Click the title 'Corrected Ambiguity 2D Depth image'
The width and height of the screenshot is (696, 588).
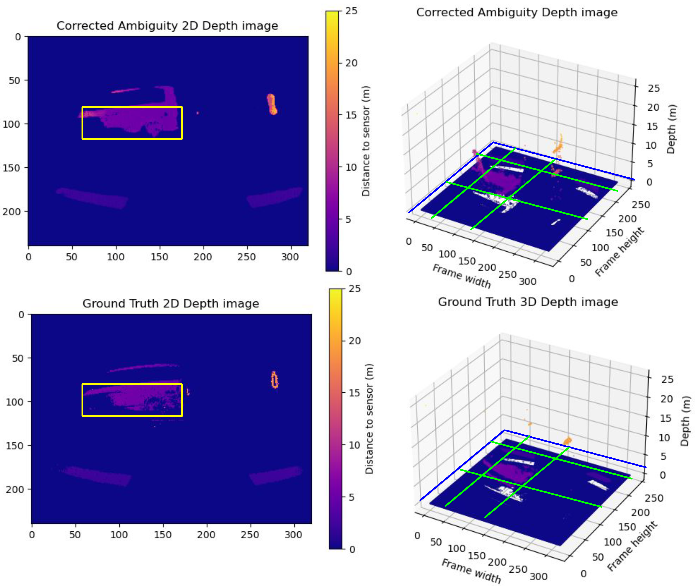click(x=167, y=26)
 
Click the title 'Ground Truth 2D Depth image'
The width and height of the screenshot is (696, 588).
click(x=170, y=303)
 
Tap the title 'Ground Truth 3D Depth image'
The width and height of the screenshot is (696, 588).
click(x=528, y=302)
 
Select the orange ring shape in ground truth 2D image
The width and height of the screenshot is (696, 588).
click(x=274, y=380)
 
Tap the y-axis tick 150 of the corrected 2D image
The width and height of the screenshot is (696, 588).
click(x=12, y=168)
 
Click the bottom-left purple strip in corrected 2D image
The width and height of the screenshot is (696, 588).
click(x=92, y=198)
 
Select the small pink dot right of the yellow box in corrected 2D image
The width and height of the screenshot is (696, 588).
click(x=198, y=113)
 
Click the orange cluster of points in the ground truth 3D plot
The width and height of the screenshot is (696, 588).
click(x=567, y=441)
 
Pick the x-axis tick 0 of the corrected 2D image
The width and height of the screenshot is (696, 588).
click(x=29, y=257)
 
